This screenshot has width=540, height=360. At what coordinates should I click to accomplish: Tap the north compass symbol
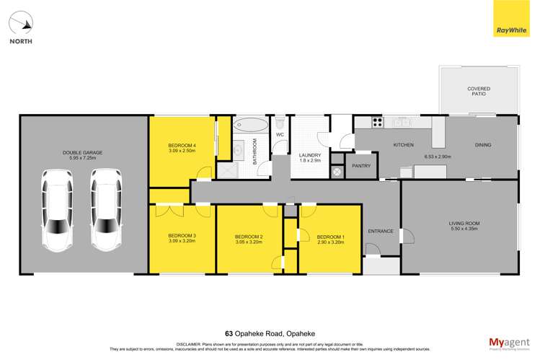(x=22, y=25)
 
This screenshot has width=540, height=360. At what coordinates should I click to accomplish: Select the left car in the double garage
(x=56, y=210)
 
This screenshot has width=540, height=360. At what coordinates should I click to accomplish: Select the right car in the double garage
(x=105, y=210)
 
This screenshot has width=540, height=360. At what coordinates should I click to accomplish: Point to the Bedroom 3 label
(x=182, y=238)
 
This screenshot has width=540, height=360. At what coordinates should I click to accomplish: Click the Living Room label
(x=459, y=227)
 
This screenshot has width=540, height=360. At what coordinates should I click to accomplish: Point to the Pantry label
(x=360, y=165)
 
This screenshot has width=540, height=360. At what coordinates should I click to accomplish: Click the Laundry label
(x=310, y=158)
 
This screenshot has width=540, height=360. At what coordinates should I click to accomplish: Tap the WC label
(x=280, y=135)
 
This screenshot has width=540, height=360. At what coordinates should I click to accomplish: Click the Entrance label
(x=381, y=232)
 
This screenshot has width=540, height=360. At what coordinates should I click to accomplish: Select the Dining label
(x=482, y=145)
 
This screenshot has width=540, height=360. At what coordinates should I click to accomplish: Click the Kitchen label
(x=403, y=145)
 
